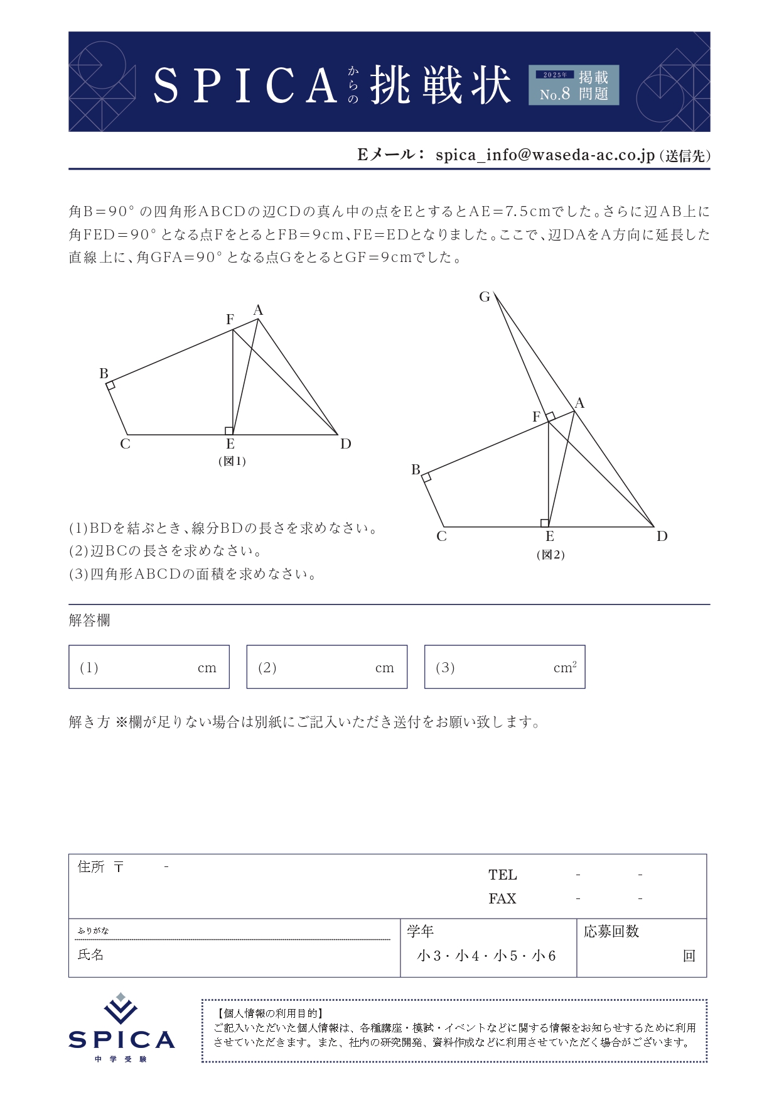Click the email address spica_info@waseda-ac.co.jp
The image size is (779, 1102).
545,155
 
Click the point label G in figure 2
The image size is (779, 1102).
484,297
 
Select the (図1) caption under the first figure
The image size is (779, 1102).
232,461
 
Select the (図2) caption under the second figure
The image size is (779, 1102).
551,555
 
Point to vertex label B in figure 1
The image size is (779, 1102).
104,373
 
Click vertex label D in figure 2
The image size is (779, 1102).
662,536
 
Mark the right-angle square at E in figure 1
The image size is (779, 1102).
229,430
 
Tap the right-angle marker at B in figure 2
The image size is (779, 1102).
426,477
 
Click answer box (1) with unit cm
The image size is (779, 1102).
149,667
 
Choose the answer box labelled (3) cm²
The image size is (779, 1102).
505,667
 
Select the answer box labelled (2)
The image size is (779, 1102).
326,667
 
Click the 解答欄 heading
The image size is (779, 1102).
89,620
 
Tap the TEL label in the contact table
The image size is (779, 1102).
502,875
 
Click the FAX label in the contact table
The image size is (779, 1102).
502,898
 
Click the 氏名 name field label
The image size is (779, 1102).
90,954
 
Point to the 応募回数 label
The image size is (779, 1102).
611,931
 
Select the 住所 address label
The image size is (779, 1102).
91,867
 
